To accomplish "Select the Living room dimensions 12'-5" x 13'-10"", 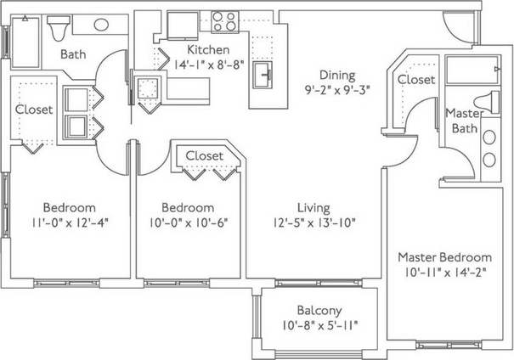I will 313,224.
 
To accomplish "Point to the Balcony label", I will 319,309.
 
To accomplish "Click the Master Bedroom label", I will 444,257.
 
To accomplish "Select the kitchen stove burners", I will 224,20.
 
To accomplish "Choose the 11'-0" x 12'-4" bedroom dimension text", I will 70,223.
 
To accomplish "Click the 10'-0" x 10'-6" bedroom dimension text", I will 188,223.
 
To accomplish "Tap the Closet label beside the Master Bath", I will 416,79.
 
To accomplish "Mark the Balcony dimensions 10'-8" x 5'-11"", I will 319,325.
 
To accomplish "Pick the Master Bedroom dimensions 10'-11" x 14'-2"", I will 444,273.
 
